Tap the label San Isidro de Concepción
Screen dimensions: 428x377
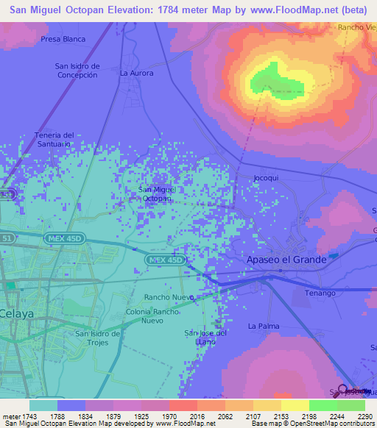point(77,71)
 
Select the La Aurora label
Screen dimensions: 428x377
point(135,74)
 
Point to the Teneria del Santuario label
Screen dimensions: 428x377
point(54,140)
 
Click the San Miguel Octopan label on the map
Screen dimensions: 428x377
point(155,194)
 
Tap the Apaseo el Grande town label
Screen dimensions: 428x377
point(285,260)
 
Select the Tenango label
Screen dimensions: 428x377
point(320,293)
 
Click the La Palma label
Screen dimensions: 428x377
point(262,325)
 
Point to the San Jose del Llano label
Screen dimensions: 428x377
point(205,338)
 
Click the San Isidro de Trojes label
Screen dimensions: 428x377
point(98,338)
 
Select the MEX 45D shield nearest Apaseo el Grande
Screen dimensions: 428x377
point(164,260)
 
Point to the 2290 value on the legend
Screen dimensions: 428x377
point(366,416)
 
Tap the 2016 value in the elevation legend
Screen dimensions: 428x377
point(196,416)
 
